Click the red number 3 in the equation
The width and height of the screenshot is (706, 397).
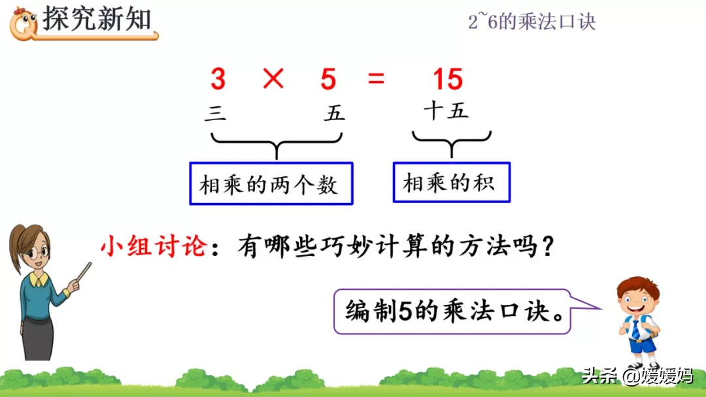[218, 80]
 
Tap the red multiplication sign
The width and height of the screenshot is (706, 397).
[273, 80]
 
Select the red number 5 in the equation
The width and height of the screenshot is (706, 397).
[328, 80]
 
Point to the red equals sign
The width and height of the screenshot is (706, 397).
[376, 80]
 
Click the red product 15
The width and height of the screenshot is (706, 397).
[448, 80]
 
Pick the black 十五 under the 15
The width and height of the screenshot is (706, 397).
[446, 111]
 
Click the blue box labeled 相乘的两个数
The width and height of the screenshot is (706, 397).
[271, 183]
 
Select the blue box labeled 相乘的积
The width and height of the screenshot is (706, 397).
[451, 182]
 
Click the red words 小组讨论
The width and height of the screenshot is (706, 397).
[154, 248]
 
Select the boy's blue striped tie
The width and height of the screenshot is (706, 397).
[635, 329]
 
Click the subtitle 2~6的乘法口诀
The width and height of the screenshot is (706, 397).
[531, 22]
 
